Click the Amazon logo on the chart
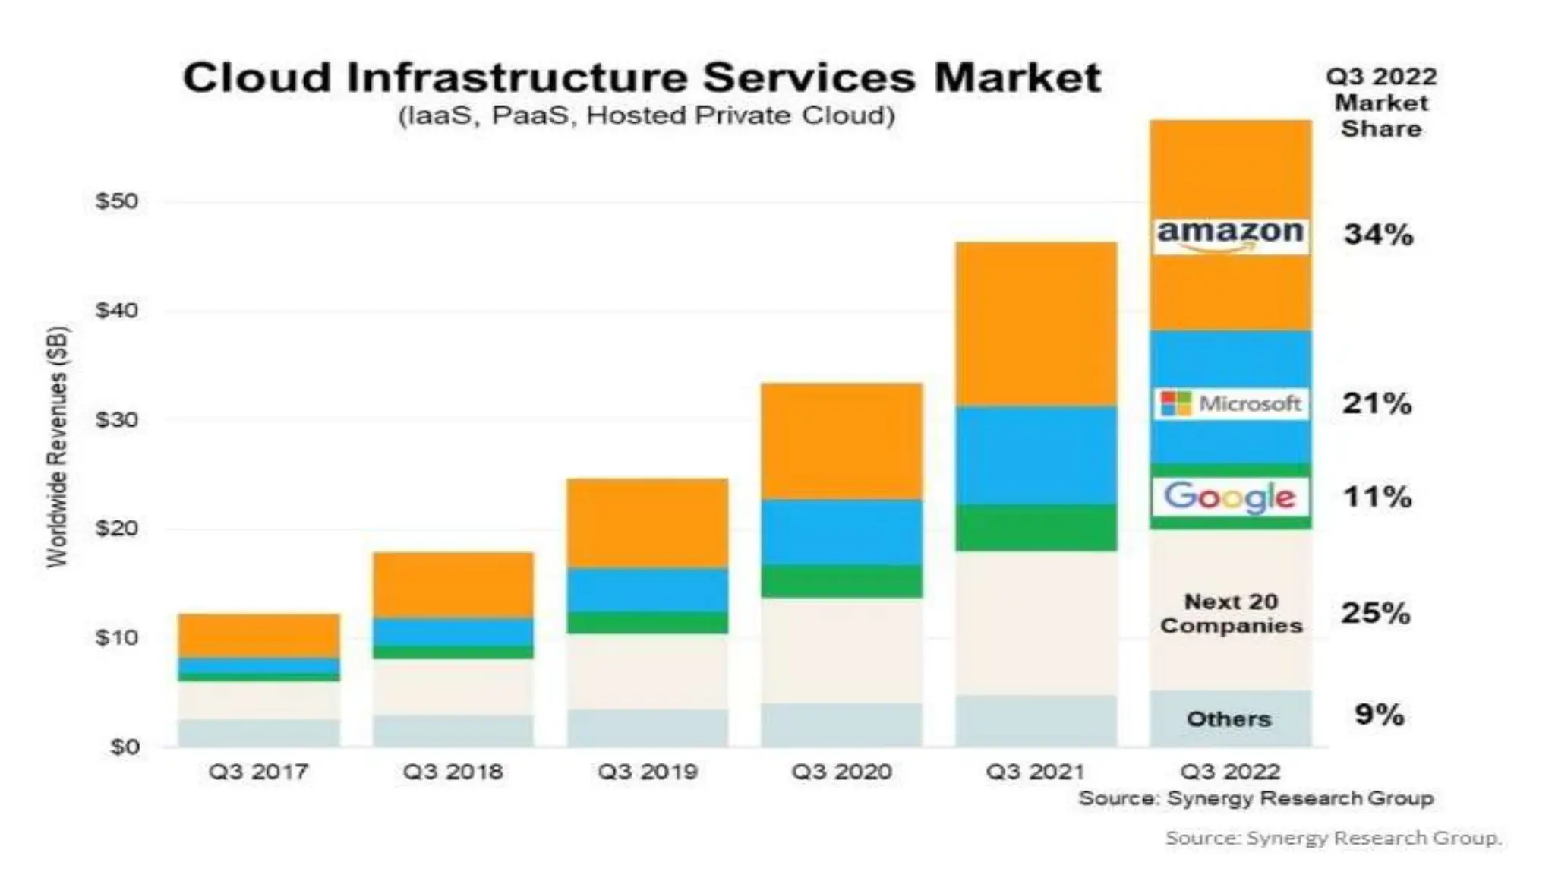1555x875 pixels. click(x=1230, y=235)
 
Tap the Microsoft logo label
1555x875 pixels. click(x=1231, y=403)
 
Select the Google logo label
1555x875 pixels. click(x=1230, y=497)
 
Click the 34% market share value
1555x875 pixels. click(x=1379, y=235)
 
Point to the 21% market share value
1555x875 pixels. click(x=1377, y=403)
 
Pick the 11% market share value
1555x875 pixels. click(x=1377, y=498)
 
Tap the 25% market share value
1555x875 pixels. click(x=1376, y=613)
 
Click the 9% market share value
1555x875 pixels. click(x=1379, y=715)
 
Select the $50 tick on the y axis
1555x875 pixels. click(x=117, y=201)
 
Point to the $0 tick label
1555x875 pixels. click(x=125, y=747)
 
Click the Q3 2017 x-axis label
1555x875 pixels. click(x=258, y=772)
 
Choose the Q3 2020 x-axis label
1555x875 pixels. click(x=841, y=772)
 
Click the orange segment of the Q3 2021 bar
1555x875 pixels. click(x=1036, y=324)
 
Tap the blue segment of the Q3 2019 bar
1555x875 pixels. click(x=647, y=589)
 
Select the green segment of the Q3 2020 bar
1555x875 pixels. click(x=841, y=581)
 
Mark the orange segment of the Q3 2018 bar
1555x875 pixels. click(x=453, y=584)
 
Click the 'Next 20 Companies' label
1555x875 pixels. click(x=1231, y=614)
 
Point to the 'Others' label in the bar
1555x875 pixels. click(x=1229, y=719)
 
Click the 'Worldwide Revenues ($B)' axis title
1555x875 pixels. click(x=58, y=447)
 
